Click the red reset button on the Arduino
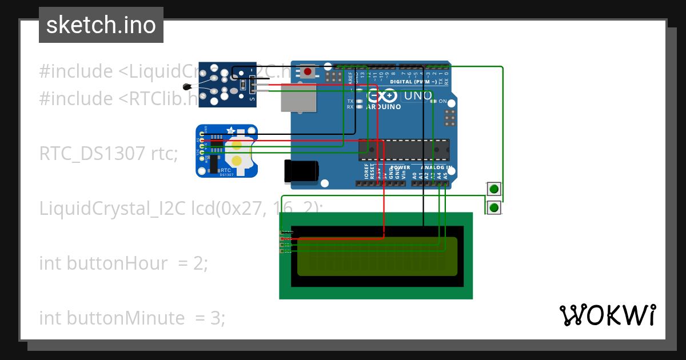pyautogui.click(x=308, y=72)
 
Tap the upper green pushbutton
pyautogui.click(x=494, y=189)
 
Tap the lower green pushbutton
pyautogui.click(x=494, y=207)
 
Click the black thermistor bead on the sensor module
pyautogui.click(x=186, y=87)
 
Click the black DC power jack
pyautogui.click(x=301, y=171)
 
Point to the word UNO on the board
pyautogui.click(x=418, y=96)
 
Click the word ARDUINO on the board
pyautogui.click(x=383, y=107)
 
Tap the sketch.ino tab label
pyautogui.click(x=101, y=25)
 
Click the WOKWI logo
pyautogui.click(x=608, y=315)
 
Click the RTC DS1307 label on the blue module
pyautogui.click(x=226, y=171)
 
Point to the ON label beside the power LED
pyautogui.click(x=442, y=101)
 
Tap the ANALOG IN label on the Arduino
pyautogui.click(x=437, y=167)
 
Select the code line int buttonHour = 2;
pyautogui.click(x=123, y=263)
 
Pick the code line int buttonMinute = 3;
pyautogui.click(x=132, y=318)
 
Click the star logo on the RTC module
pyautogui.click(x=231, y=131)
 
